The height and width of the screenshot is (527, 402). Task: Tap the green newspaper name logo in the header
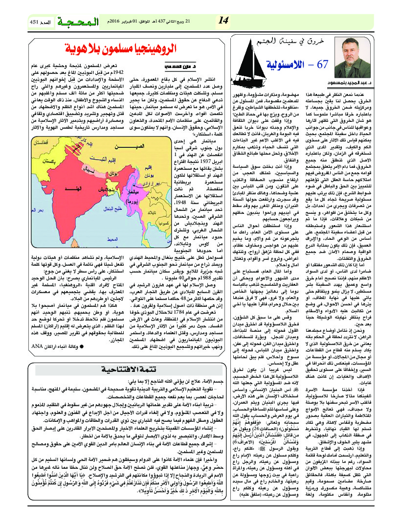[x=79, y=22]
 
